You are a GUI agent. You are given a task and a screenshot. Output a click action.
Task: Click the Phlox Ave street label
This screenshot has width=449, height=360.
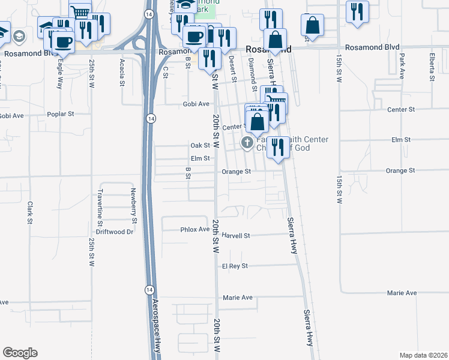194,229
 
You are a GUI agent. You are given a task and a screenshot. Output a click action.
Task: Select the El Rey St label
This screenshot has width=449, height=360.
235,266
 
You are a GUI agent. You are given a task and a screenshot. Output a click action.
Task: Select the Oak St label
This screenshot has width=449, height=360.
200,145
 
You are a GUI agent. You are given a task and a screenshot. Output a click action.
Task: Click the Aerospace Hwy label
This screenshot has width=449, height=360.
157,325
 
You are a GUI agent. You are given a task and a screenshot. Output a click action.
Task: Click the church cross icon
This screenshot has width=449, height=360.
246,142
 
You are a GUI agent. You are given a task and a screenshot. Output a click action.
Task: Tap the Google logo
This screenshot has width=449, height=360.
20,353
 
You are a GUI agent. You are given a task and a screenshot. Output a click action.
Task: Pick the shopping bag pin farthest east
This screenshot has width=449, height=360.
312,26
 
